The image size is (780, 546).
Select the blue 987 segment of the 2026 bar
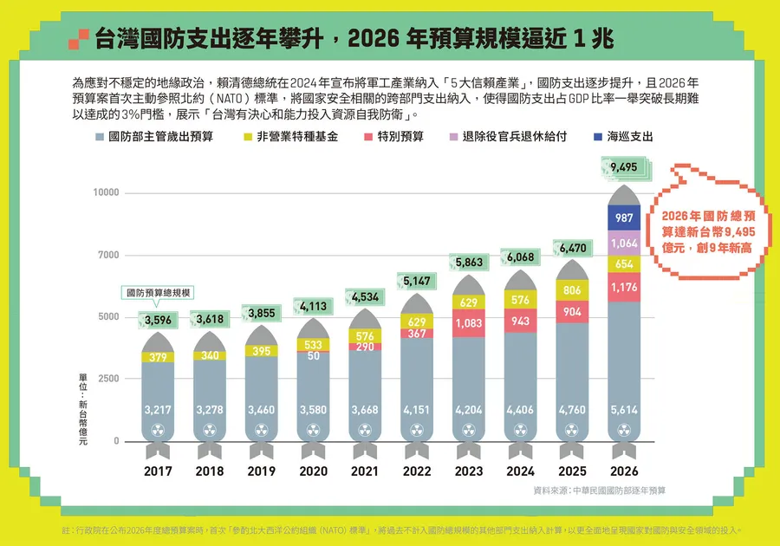[x=624, y=218]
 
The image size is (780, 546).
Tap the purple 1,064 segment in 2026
[x=624, y=244]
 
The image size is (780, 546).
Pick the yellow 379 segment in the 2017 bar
[x=158, y=356]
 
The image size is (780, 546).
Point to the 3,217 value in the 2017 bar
[x=158, y=409]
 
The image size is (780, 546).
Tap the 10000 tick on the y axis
[x=106, y=192]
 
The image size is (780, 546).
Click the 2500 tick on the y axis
[x=107, y=380]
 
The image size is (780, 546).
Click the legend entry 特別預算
[x=393, y=137]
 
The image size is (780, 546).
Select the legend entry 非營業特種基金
[x=290, y=137]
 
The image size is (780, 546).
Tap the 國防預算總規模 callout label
[x=159, y=293]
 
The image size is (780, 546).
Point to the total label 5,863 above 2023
[x=469, y=263]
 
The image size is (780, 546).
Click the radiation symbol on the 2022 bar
[x=417, y=430]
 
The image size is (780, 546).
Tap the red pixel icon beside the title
[x=79, y=38]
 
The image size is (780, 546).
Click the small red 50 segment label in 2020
[x=313, y=356]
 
